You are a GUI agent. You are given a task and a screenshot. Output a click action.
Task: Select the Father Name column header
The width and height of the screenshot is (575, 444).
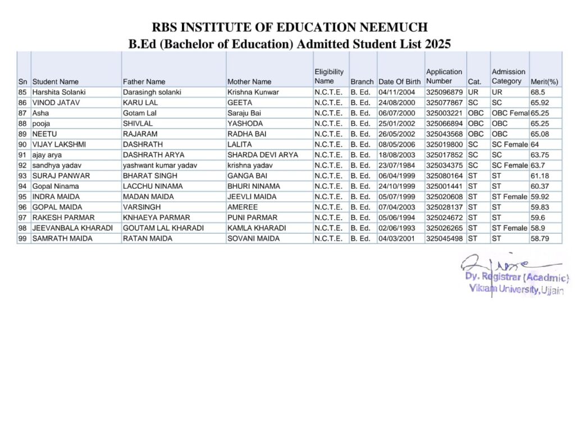pos(144,81)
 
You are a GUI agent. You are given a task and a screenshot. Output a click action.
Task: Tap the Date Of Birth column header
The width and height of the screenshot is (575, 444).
pos(399,81)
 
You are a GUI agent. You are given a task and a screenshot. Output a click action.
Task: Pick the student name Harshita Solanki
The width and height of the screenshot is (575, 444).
pos(59,92)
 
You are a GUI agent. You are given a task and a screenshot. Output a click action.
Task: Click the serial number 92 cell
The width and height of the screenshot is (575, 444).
pos(23,165)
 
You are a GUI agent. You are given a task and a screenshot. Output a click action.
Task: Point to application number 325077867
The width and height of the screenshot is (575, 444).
pos(444,103)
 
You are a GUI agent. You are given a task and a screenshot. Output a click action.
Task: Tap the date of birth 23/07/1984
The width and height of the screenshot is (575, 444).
pos(396,165)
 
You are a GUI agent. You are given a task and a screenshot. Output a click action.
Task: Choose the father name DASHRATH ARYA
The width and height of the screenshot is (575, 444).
pos(149,155)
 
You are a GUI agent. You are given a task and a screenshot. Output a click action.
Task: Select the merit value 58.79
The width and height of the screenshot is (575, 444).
pos(540,239)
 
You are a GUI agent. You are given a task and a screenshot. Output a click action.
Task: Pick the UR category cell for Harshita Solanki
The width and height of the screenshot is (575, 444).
pos(473,92)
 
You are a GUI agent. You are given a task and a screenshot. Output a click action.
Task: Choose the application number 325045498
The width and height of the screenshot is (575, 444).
pos(444,239)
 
